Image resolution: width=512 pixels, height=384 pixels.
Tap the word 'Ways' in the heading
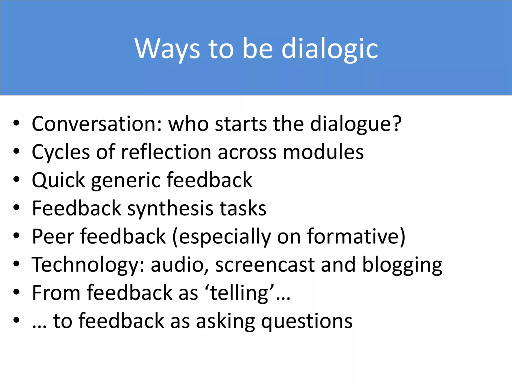[167, 49]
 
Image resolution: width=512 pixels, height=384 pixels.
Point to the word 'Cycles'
[61, 152]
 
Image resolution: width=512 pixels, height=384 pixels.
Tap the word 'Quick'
[58, 180]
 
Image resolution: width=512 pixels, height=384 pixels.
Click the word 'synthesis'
[170, 208]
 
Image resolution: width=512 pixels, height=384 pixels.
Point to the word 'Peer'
[53, 236]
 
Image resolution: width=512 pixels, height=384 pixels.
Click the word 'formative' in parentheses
[353, 236]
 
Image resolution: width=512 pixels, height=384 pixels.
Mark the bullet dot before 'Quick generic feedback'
[16, 179]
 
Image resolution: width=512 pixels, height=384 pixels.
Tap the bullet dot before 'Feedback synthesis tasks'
[16, 207]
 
